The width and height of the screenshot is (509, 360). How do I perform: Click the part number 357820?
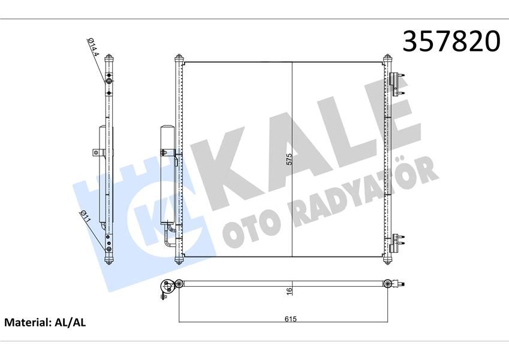click(451, 41)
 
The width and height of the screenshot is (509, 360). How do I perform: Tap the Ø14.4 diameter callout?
click(94, 49)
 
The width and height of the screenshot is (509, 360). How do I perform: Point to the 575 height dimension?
click(289, 160)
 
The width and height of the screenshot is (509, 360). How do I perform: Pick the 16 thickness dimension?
click(289, 291)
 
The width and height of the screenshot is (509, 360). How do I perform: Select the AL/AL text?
click(71, 322)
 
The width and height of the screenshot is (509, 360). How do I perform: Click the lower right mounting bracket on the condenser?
click(396, 242)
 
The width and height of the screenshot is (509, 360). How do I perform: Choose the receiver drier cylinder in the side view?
click(103, 174)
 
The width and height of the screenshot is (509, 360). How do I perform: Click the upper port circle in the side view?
click(109, 81)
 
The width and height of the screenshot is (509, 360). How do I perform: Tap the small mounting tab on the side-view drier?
click(95, 153)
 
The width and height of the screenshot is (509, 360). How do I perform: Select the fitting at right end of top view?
click(390, 283)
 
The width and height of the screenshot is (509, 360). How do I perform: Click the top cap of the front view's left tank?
click(178, 58)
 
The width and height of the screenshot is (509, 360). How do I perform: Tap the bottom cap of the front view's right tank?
click(387, 259)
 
